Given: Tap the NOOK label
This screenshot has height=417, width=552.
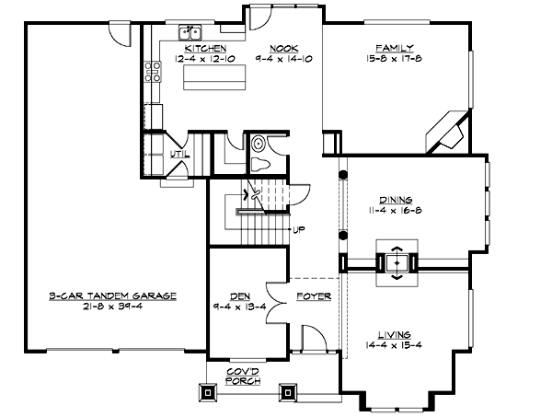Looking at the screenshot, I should [282, 47].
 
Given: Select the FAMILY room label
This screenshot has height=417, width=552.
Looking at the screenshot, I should [393, 47].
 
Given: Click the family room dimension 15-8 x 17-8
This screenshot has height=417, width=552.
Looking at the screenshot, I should [393, 59].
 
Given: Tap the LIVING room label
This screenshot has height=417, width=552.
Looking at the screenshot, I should [393, 334].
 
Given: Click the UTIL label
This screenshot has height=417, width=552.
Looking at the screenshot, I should [178, 154].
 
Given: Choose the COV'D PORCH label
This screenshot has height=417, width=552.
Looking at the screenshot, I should [244, 375].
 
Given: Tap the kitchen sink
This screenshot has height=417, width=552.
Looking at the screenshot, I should [190, 31].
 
